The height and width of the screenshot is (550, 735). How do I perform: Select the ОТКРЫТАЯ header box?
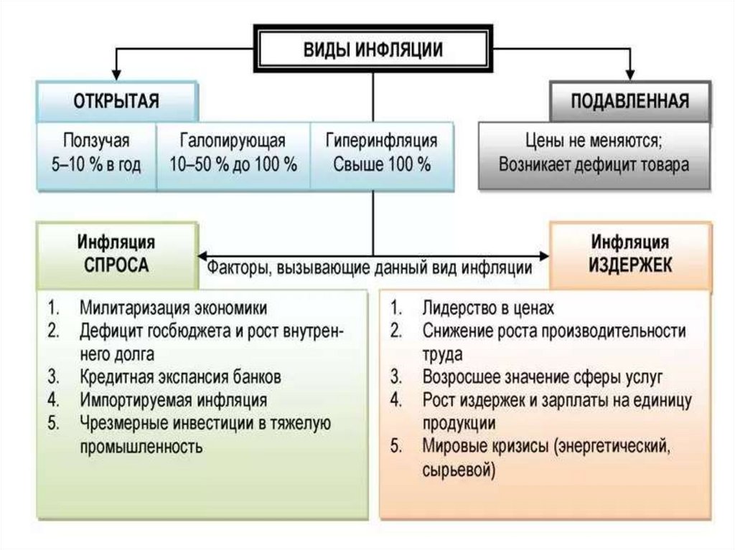[x=116, y=100]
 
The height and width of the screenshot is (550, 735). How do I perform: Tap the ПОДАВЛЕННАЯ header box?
[x=629, y=100]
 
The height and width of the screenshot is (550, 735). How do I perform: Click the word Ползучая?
[x=95, y=141]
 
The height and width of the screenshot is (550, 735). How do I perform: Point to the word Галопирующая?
[x=233, y=141]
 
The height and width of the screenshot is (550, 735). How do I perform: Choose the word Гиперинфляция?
[x=381, y=141]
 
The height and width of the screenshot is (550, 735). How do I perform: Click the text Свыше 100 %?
[x=381, y=164]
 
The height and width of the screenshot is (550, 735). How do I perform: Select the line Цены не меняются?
[x=594, y=141]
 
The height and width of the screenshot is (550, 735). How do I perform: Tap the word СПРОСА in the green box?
[x=116, y=265]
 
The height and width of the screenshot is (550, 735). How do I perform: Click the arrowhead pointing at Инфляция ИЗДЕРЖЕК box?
[x=543, y=255]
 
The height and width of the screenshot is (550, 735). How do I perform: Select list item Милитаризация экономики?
[x=173, y=308]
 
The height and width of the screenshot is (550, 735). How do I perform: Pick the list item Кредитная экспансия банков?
[x=180, y=377]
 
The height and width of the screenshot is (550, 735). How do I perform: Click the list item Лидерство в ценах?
[x=488, y=308]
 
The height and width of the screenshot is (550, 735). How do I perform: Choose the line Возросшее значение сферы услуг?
[x=542, y=377]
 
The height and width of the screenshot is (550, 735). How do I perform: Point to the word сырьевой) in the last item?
[x=459, y=470]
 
